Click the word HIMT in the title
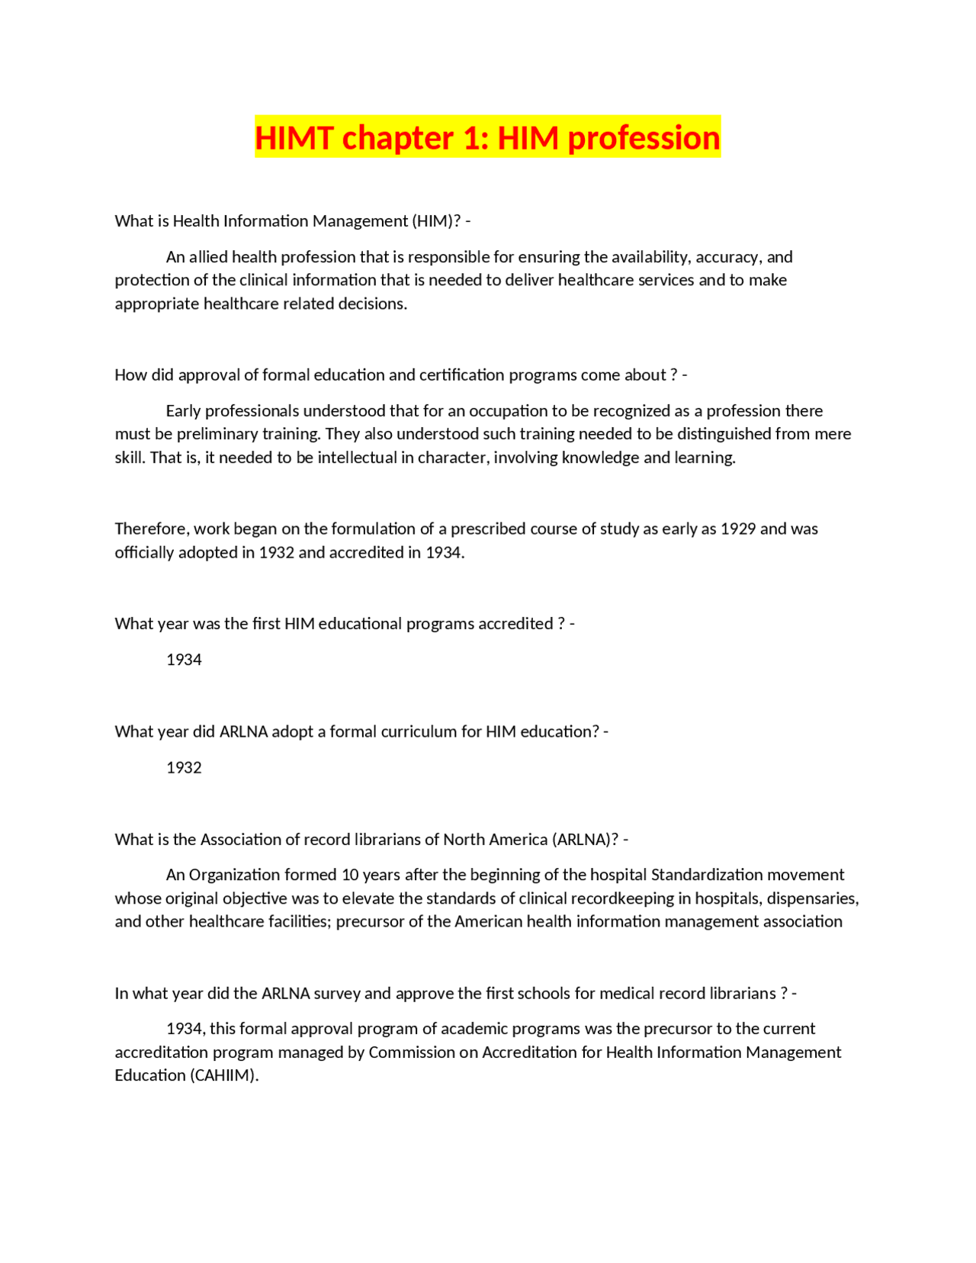click(x=294, y=138)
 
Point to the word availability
click(x=650, y=257)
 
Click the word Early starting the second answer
click(x=183, y=411)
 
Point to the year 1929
click(x=737, y=529)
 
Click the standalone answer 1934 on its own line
click(x=184, y=660)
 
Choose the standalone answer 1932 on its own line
click(x=184, y=768)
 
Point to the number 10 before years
click(x=349, y=875)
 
